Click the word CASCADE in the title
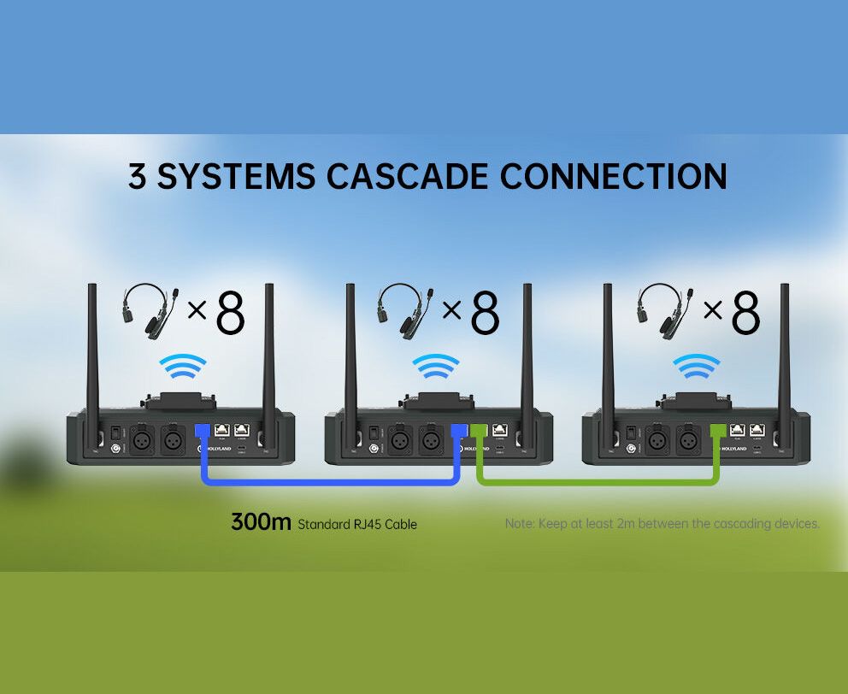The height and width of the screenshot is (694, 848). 407,176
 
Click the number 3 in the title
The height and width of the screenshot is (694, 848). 138,176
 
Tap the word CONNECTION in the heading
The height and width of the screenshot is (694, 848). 613,176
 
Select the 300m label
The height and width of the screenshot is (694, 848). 261,521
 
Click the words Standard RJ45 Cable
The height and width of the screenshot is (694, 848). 357,524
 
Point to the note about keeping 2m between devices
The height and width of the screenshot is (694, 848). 662,523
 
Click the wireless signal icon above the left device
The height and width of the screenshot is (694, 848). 182,368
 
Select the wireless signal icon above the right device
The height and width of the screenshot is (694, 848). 696,368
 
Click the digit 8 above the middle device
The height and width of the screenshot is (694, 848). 485,314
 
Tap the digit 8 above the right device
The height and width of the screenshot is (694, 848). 745,314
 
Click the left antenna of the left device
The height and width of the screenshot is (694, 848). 93,350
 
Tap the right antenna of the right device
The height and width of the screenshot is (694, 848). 783,350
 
